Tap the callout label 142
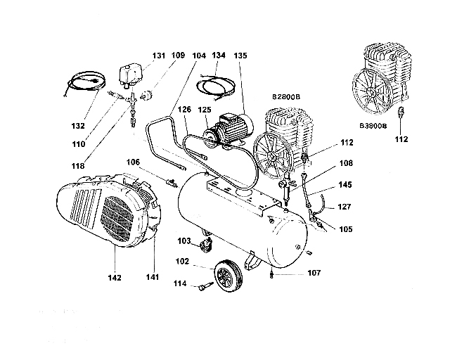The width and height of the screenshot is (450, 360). [115, 276]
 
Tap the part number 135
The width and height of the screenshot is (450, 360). [241, 55]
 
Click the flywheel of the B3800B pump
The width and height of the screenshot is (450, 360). [368, 92]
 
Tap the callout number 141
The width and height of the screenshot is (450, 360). [152, 276]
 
